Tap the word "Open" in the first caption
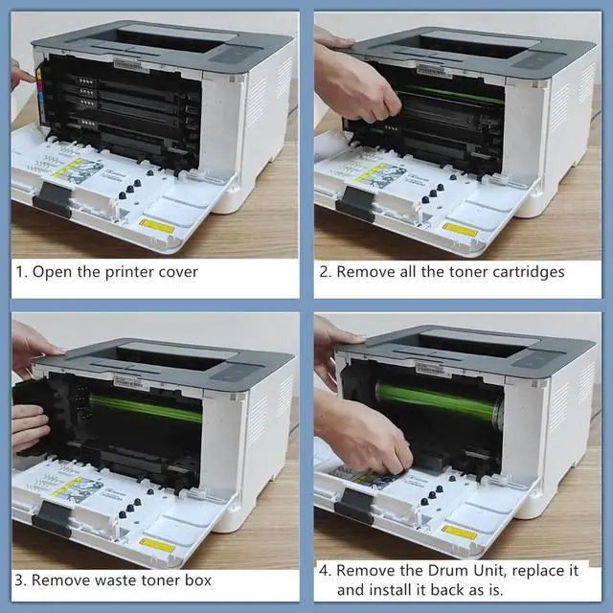pyautogui.click(x=54, y=272)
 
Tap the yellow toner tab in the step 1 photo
pyautogui.click(x=39, y=73)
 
